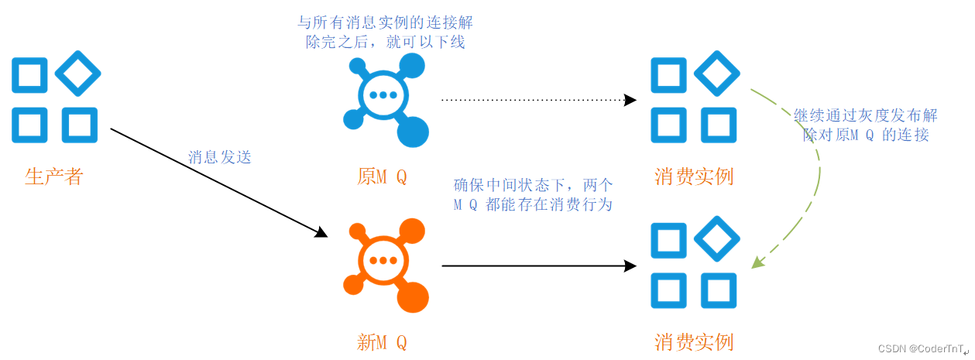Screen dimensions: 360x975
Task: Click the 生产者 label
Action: click(x=53, y=177)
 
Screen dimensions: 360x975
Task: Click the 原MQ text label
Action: click(x=382, y=177)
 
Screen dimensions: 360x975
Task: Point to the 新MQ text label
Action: click(x=382, y=342)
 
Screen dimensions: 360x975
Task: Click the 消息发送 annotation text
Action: click(x=220, y=157)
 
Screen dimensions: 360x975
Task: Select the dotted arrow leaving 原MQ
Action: click(x=537, y=100)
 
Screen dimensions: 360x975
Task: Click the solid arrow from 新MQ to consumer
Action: click(x=537, y=266)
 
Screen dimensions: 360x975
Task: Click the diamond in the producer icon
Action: click(x=77, y=74)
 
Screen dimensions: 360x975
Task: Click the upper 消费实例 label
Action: click(x=693, y=177)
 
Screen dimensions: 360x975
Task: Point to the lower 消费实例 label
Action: click(x=693, y=342)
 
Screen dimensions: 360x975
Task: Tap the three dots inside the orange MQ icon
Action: click(x=383, y=261)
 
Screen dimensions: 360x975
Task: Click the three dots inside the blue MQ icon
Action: click(x=383, y=95)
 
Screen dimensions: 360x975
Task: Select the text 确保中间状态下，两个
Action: click(x=533, y=185)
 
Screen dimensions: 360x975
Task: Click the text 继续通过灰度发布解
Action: click(x=865, y=115)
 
